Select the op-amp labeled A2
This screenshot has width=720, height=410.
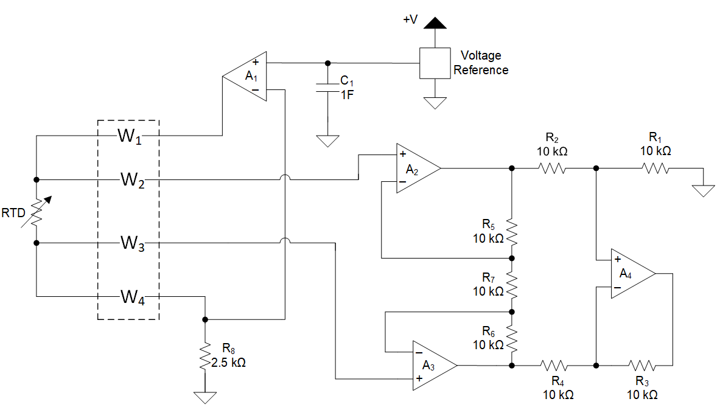[415, 169]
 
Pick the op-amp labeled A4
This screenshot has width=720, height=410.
[630, 274]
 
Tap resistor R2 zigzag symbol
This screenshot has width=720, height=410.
[553, 169]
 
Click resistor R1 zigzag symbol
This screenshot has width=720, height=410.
[656, 169]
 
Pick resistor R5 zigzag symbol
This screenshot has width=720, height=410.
[512, 231]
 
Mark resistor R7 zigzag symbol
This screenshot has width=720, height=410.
[512, 284]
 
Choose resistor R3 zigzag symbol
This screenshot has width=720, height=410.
[641, 366]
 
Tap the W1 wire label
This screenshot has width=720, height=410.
[129, 136]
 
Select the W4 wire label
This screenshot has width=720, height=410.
[131, 297]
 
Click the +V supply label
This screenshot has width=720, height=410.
[410, 19]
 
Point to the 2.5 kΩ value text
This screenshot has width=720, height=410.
[228, 362]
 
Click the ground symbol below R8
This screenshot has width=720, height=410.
[205, 397]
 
